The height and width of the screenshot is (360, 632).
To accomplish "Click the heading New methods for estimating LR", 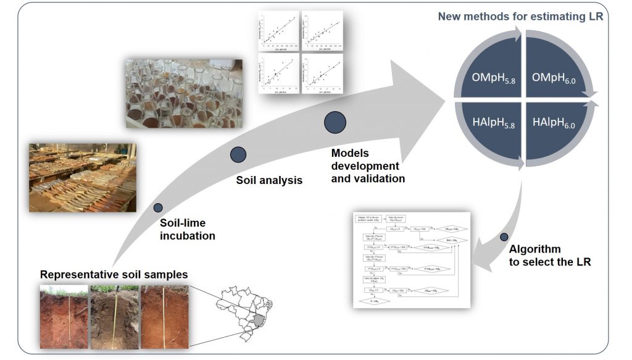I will click(520, 17).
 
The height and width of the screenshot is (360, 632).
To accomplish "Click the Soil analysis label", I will click(269, 181).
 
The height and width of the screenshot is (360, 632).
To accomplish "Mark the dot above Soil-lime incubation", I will click(158, 208).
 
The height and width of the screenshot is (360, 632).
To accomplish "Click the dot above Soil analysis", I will click(238, 155).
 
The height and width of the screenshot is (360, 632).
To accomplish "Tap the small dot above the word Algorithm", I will click(504, 237).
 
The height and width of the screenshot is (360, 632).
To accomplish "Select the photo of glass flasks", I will click(184, 93).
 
